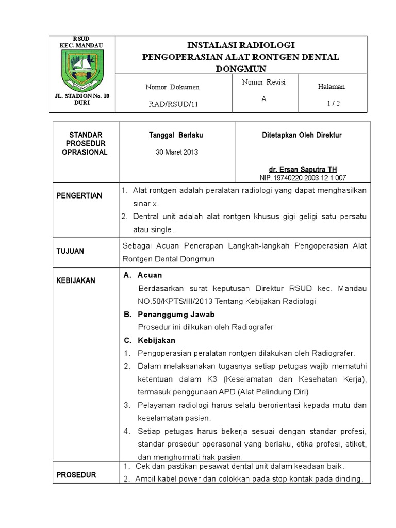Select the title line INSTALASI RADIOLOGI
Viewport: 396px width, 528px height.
[241, 45]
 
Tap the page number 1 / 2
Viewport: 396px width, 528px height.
[334, 103]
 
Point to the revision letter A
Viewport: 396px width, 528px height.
[263, 99]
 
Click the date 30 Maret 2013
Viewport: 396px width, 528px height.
[177, 152]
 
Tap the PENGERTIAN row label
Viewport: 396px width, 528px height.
[80, 196]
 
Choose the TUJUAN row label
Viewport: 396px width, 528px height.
[71, 251]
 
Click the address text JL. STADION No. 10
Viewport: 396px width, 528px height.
[81, 96]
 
